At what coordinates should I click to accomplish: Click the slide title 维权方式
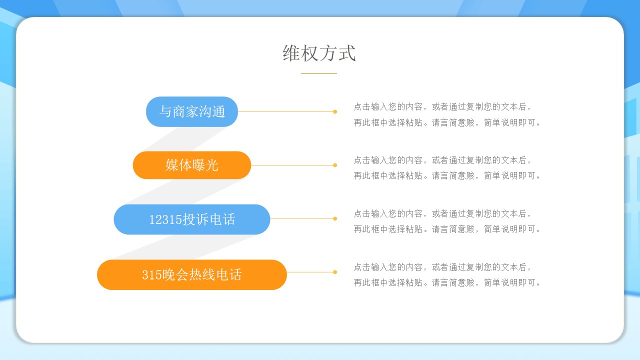tap(319, 53)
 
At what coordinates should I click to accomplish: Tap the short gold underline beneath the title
tap(319, 73)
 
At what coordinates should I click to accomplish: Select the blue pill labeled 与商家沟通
tap(191, 111)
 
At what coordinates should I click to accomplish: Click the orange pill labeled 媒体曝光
tap(191, 165)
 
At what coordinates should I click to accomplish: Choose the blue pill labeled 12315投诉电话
tap(191, 219)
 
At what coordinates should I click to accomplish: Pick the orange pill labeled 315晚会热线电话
tap(191, 274)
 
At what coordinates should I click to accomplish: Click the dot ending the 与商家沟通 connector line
tap(335, 111)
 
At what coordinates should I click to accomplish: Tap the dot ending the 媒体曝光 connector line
tap(335, 165)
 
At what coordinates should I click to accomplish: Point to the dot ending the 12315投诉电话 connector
tap(335, 218)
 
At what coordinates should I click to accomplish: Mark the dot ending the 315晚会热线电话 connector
tap(335, 272)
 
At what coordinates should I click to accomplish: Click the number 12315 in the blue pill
tap(165, 219)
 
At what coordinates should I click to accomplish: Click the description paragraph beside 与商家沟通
tap(447, 114)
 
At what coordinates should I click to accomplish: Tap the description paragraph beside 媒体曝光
tap(447, 167)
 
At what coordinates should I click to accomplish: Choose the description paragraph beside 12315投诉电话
tap(447, 221)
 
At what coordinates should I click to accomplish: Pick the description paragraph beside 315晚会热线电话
tap(447, 274)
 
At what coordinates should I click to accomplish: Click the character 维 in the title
tap(291, 53)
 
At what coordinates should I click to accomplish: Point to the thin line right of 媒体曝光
tap(292, 165)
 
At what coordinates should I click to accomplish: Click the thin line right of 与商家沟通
tap(285, 111)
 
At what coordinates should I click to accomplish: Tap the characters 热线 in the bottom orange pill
tap(202, 274)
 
